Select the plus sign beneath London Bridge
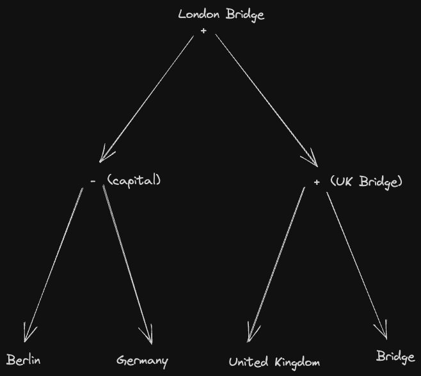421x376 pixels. click(203, 30)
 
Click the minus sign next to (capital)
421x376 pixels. click(93, 182)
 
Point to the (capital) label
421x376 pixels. click(134, 180)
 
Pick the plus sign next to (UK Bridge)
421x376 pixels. click(316, 182)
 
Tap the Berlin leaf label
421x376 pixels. click(24, 360)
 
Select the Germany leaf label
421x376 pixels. click(142, 361)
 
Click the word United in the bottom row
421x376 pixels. click(248, 362)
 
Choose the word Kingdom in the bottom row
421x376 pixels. click(296, 363)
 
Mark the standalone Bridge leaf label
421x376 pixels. click(395, 356)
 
